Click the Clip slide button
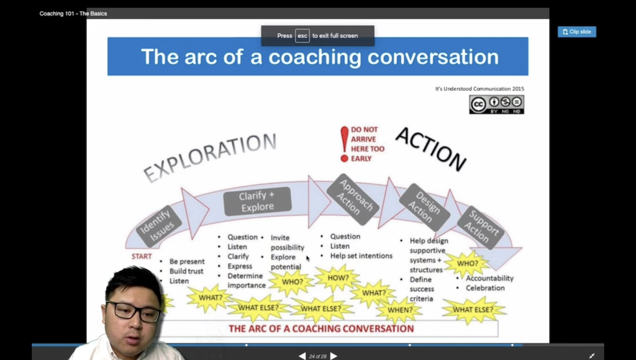576,32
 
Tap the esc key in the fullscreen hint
302,35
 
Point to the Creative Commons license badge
496,105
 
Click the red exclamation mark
344,144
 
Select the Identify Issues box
158,227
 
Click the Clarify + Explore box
257,202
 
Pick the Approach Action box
353,199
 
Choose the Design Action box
424,207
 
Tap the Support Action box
481,227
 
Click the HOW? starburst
337,278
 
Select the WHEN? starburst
399,310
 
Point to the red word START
142,256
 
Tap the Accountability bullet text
489,278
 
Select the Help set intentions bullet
361,256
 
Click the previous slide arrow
302,356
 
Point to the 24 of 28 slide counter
317,356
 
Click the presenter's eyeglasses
134,312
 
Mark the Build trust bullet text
186,271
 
